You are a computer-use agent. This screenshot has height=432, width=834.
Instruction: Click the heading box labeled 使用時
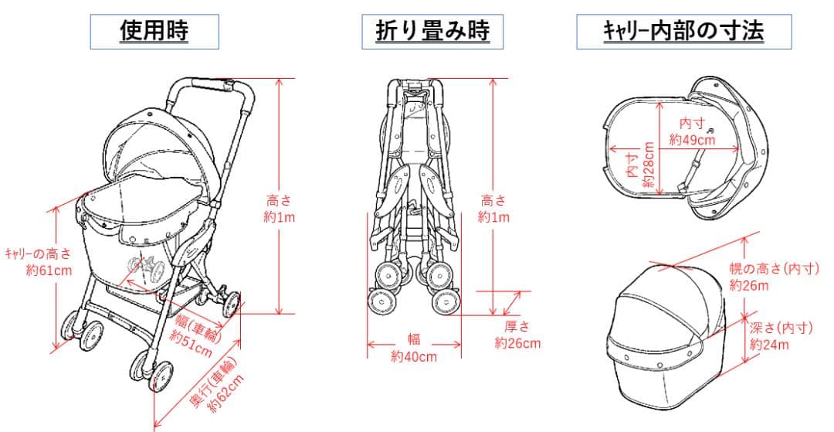pyautogui.click(x=154, y=31)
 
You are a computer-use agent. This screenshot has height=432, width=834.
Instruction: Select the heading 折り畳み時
pyautogui.click(x=426, y=31)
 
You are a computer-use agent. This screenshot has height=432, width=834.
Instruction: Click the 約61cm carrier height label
pyautogui.click(x=49, y=270)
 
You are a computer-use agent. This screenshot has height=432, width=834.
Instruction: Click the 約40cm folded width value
pyautogui.click(x=414, y=356)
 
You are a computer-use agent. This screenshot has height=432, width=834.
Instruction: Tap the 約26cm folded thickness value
pyautogui.click(x=517, y=343)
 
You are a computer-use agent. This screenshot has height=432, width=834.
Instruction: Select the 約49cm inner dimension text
pyautogui.click(x=692, y=140)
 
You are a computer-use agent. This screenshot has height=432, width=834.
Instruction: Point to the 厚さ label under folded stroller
pyautogui.click(x=517, y=327)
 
